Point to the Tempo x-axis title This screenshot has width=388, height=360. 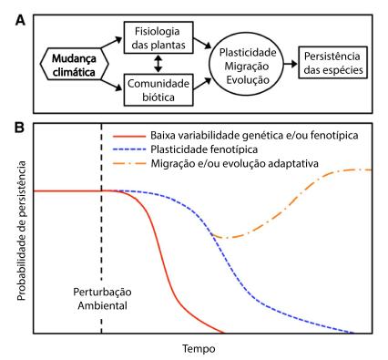click(198, 347)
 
